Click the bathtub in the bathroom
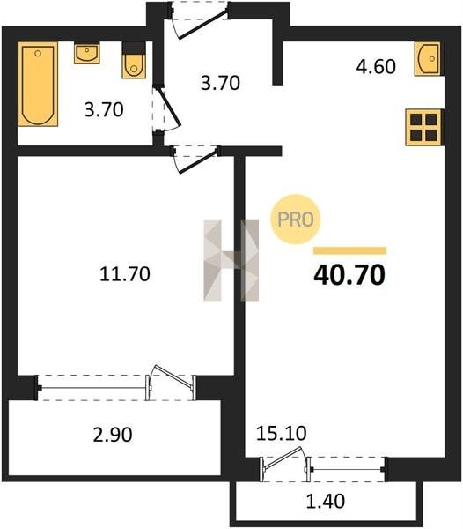(x=38, y=84)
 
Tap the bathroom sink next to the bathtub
(x=87, y=53)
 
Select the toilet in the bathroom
(x=134, y=61)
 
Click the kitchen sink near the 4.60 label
(x=428, y=59)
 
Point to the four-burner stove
(x=423, y=128)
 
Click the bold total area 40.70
(x=349, y=275)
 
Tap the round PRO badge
(x=296, y=220)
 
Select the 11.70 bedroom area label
(x=125, y=274)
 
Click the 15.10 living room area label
(x=282, y=433)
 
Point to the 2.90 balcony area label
(x=113, y=435)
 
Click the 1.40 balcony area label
(x=326, y=501)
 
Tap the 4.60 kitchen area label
(x=376, y=66)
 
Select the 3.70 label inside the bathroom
(x=104, y=109)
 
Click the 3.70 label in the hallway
(x=221, y=83)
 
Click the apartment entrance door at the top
(x=200, y=20)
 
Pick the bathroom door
(x=166, y=108)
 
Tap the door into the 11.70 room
(x=195, y=159)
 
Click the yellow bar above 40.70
(x=349, y=250)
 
